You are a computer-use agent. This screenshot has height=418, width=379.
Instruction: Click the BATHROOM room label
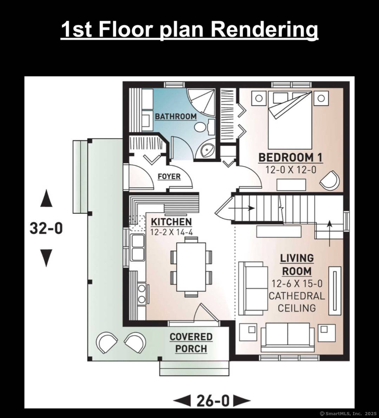pyautogui.click(x=176, y=116)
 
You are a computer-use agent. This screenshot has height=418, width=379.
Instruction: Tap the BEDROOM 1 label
pyautogui.click(x=290, y=157)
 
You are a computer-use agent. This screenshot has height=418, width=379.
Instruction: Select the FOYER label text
pyautogui.click(x=169, y=176)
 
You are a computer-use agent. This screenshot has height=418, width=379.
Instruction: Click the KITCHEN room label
pyautogui.click(x=171, y=222)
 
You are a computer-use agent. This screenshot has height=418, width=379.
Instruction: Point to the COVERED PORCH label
pyautogui.click(x=191, y=343)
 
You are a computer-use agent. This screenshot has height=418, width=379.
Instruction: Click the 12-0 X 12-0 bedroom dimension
pyautogui.click(x=291, y=170)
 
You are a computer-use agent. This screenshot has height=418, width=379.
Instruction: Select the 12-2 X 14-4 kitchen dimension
pyautogui.click(x=171, y=232)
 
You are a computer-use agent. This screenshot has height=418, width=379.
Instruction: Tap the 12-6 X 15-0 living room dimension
pyautogui.click(x=297, y=283)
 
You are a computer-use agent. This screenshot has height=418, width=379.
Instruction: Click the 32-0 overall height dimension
pyautogui.click(x=46, y=228)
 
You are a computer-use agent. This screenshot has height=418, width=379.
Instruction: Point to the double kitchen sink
pyautogui.click(x=138, y=248)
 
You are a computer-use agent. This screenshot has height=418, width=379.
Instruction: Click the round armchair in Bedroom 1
pyautogui.click(x=330, y=181)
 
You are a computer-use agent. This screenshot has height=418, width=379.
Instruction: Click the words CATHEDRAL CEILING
pyautogui.click(x=297, y=302)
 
